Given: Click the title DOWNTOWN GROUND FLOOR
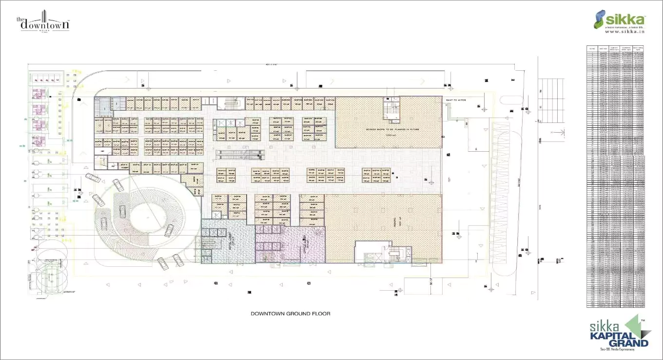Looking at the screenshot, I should click(x=290, y=314).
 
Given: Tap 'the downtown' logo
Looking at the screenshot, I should click(x=43, y=24).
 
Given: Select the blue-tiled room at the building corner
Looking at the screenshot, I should click(x=103, y=103).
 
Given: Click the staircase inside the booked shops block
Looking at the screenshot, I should click(x=391, y=109).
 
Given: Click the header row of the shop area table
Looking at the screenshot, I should click(x=615, y=48).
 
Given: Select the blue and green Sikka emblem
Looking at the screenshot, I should click(x=600, y=19).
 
